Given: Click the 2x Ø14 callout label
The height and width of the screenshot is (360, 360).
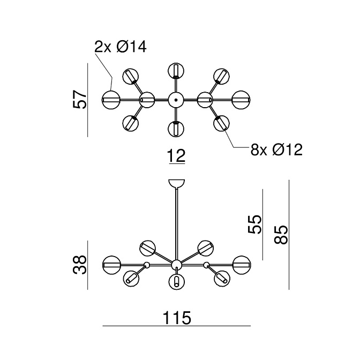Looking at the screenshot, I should click(x=120, y=47).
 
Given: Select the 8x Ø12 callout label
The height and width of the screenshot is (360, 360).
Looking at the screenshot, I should click(x=276, y=149).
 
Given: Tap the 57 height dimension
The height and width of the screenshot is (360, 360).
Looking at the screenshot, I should click(x=80, y=99).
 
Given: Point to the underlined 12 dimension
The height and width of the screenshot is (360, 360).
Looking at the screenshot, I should click(x=176, y=156).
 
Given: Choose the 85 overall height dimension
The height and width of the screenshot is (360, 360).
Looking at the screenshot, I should click(x=281, y=234).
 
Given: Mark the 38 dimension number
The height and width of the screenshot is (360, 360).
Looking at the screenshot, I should click(x=80, y=264).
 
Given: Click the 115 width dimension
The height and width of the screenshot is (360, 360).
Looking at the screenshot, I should click(x=176, y=318).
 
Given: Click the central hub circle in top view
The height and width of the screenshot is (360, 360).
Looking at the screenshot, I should click(x=176, y=100).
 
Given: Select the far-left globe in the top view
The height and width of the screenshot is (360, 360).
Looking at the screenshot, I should click(x=111, y=100).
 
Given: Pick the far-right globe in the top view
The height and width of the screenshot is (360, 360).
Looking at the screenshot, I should click(x=241, y=100).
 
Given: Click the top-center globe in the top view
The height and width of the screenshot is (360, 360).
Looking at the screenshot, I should click(x=176, y=70).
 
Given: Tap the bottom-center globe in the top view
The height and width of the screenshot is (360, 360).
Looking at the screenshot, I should click(x=176, y=129).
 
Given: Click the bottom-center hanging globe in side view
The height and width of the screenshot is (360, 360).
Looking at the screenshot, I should click(x=176, y=281).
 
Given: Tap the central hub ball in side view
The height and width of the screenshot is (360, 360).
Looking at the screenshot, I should click(x=176, y=264).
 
